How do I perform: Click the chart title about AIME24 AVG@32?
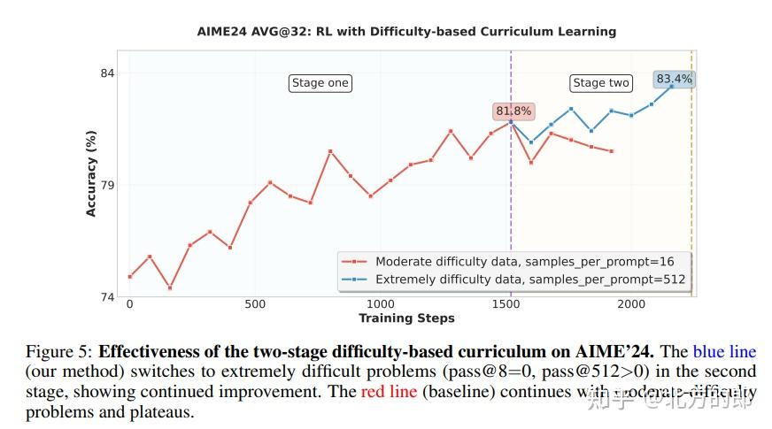tap(406, 31)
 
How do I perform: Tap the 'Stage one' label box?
tap(320, 83)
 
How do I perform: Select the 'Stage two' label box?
tap(601, 83)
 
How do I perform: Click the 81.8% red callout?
tap(513, 111)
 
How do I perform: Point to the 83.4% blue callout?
tap(675, 79)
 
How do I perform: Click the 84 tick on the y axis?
tap(107, 73)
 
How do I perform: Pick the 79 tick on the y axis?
tap(107, 185)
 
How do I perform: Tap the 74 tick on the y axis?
tap(107, 297)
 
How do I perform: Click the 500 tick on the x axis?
tap(255, 304)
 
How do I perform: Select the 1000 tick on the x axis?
tap(381, 304)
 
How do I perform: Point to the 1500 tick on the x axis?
tap(506, 304)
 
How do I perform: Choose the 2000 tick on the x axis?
tap(632, 304)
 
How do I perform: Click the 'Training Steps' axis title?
tap(406, 318)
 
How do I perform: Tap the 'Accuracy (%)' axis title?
tap(91, 173)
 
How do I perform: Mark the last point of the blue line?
tap(672, 86)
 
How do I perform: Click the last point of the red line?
tap(612, 151)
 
